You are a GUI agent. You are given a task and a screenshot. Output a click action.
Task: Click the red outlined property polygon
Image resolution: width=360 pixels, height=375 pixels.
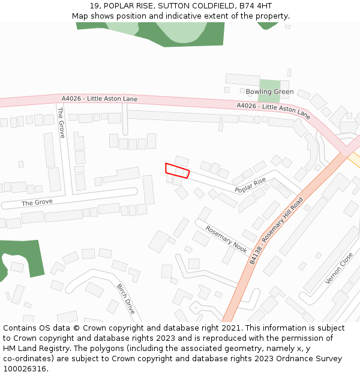click(x=177, y=170)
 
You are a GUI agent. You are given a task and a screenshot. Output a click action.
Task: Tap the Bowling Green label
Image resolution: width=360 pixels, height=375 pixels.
click(x=269, y=92)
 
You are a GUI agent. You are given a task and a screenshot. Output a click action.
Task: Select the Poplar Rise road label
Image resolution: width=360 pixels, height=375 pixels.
click(x=250, y=185)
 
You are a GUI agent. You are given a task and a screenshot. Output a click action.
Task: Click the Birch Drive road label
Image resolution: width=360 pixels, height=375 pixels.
click(x=126, y=299)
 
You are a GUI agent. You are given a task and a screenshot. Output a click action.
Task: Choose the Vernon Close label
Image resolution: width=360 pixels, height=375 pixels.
click(x=339, y=268)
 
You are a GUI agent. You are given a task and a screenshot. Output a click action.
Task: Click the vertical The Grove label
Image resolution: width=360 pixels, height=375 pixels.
click(x=61, y=122)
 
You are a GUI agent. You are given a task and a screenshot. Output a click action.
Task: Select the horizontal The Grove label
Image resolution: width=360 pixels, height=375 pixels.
click(x=37, y=203)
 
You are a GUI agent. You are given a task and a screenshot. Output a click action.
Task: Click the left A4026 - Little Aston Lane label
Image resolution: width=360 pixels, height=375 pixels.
click(x=100, y=98)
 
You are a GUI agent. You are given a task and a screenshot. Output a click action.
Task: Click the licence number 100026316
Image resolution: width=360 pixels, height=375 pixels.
click(x=25, y=369)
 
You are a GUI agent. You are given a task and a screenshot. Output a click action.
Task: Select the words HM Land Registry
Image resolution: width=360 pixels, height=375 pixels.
click(x=33, y=349)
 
